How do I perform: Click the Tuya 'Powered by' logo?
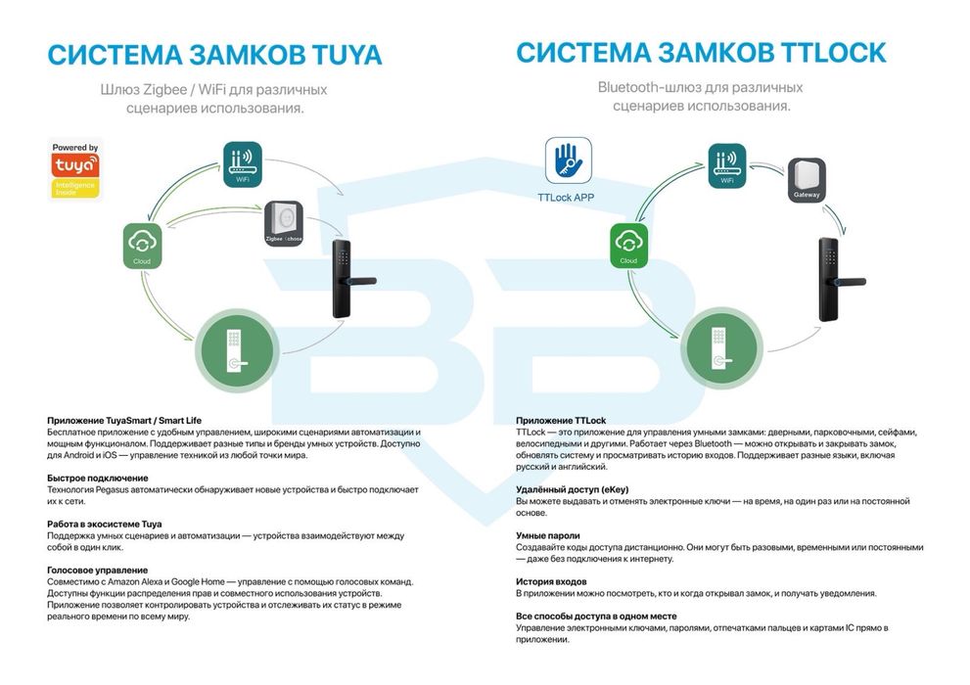[x=74, y=170]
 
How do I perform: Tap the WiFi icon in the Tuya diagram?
[x=243, y=164]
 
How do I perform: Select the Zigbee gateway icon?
[x=284, y=223]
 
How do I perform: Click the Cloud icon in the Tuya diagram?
[x=142, y=246]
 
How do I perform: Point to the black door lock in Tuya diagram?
[x=350, y=279]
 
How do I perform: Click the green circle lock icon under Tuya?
[x=237, y=350]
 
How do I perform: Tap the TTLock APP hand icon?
[x=568, y=160]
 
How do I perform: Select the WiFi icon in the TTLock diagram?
[x=727, y=165]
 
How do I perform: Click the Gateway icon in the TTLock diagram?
[x=807, y=180]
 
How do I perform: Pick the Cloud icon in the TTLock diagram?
[x=628, y=246]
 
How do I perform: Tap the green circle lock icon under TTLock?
[x=722, y=348]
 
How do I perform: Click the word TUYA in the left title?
[x=347, y=55]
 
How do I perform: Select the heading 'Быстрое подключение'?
[x=98, y=478]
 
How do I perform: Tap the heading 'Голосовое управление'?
[x=98, y=570]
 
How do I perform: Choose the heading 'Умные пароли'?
[x=548, y=535]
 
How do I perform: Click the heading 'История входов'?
[x=551, y=581]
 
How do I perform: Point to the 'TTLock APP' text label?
[x=566, y=198]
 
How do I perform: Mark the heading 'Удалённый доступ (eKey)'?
[x=573, y=489]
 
